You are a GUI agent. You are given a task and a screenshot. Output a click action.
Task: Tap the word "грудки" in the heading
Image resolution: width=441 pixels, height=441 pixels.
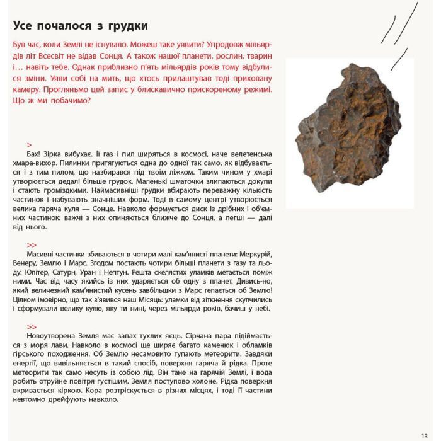point(128,26)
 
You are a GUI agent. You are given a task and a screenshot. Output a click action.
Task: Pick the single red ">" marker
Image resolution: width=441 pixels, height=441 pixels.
point(30,145)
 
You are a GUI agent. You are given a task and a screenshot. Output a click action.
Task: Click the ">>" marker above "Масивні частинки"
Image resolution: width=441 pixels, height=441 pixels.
point(32,245)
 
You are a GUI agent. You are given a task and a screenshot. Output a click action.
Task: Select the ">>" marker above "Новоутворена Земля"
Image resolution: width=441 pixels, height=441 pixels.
point(32,327)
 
